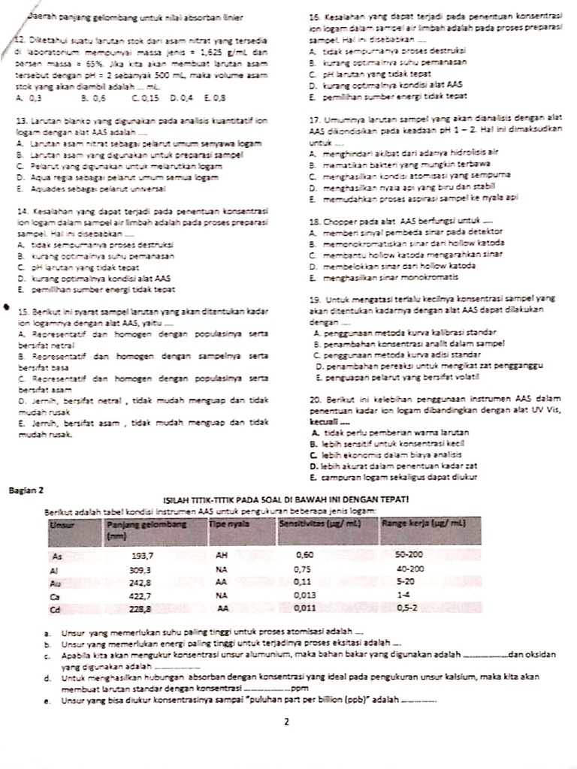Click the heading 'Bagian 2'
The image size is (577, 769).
[27, 490]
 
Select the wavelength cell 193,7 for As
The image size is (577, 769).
[142, 556]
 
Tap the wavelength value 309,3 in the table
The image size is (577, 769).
[140, 570]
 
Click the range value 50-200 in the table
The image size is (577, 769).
[411, 556]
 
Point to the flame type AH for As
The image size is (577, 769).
[222, 556]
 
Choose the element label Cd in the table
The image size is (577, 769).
[53, 609]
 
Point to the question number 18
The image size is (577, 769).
[314, 222]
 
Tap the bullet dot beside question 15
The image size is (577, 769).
[7, 307]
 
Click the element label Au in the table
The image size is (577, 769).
[53, 583]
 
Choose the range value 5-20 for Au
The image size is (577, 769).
[406, 582]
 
